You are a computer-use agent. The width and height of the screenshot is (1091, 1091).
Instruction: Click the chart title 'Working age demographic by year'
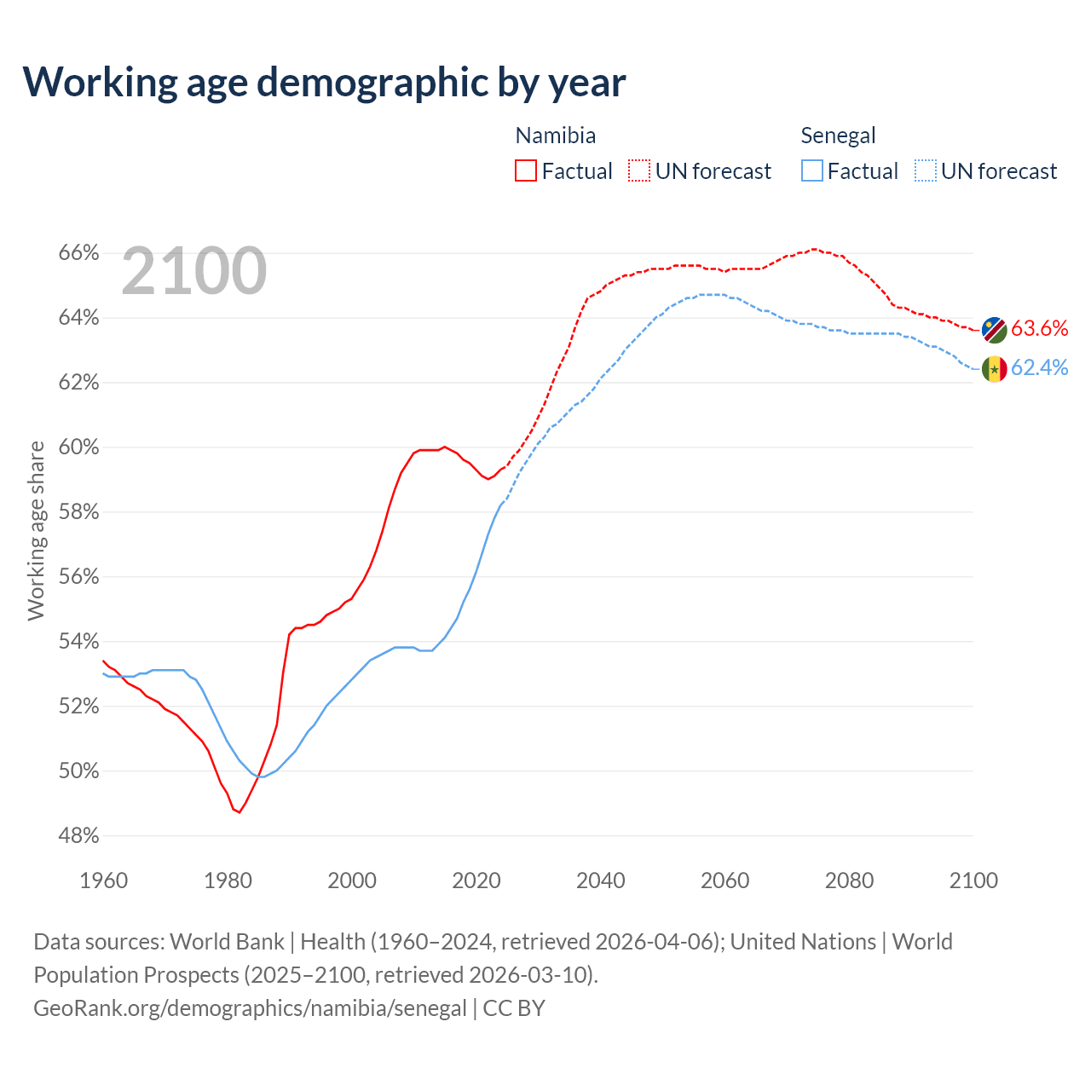pos(324,83)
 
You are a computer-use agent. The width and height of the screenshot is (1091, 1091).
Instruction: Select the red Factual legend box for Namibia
pos(526,170)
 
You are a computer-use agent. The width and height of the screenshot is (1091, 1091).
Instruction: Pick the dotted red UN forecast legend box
pos(639,170)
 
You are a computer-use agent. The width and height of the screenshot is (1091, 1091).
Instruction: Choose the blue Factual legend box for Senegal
pos(812,170)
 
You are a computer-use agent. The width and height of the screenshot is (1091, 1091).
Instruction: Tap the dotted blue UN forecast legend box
pos(926,170)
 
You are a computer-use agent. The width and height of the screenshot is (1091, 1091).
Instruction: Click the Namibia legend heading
pos(556,136)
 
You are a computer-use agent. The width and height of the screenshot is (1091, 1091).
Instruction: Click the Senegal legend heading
pos(838,136)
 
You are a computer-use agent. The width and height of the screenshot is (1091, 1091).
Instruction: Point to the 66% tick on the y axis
pos(78,253)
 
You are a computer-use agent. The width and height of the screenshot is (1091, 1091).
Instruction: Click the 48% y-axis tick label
pos(78,836)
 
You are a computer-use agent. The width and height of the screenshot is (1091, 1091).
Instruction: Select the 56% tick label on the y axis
pos(78,577)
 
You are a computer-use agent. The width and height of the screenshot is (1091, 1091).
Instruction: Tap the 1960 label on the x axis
pos(103,880)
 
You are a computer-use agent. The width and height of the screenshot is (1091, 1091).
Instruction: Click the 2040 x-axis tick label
pos(601,880)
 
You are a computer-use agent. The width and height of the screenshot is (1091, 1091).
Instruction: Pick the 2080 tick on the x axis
pos(849,880)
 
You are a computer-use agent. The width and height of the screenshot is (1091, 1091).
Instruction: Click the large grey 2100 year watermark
pos(194,271)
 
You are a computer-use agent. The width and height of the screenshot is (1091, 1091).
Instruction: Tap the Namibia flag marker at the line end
pos(994,330)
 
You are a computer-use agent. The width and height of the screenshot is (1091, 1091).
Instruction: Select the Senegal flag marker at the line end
pos(994,369)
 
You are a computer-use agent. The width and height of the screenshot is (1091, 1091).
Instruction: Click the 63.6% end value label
pos(1039,329)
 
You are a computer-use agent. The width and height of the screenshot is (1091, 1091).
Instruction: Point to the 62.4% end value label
pos(1039,367)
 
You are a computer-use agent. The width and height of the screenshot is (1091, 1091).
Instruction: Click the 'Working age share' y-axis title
pos(36,530)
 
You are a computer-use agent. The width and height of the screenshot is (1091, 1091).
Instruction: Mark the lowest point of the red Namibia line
pos(239,812)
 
